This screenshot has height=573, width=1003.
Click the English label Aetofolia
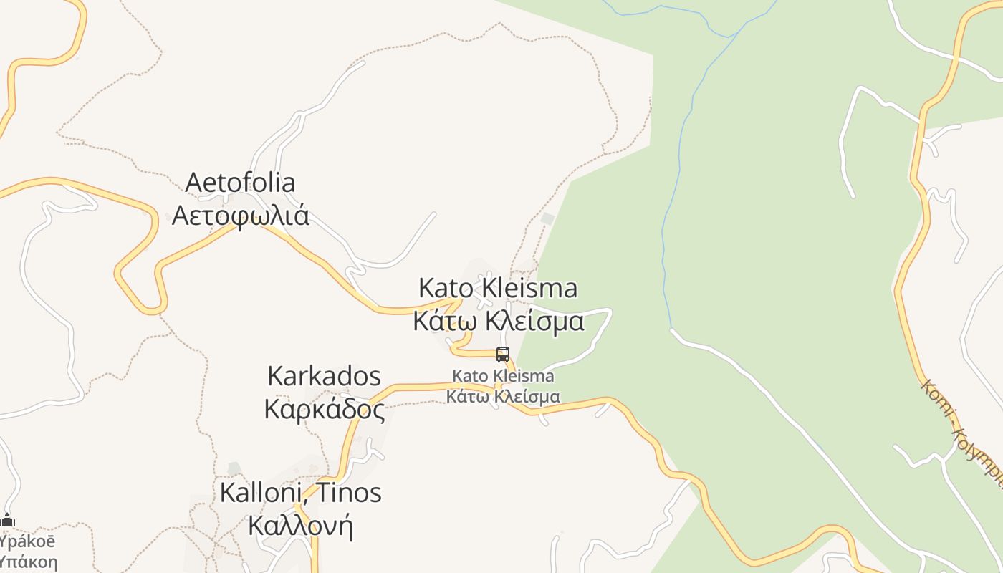tap(240, 183)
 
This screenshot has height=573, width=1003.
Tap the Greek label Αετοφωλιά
tap(241, 215)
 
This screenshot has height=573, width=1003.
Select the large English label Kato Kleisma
tap(498, 288)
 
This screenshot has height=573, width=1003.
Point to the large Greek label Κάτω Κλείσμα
tap(499, 321)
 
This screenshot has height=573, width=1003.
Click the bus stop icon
tap(503, 354)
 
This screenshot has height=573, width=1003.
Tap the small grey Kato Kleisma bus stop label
tap(503, 376)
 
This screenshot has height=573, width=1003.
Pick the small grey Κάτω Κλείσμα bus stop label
tap(503, 396)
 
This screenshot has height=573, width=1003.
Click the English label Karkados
tap(324, 376)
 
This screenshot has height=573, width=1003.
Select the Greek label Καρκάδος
tap(325, 409)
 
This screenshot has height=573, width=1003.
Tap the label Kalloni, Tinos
tap(300, 493)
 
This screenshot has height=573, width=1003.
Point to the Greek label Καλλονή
tap(300, 526)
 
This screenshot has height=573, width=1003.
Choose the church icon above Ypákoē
tap(8, 521)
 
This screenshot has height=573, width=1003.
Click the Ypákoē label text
tap(27, 541)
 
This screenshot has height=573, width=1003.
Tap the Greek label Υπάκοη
tap(27, 562)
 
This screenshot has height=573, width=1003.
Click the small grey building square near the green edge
tap(548, 218)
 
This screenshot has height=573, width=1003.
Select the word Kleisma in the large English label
tap(529, 288)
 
